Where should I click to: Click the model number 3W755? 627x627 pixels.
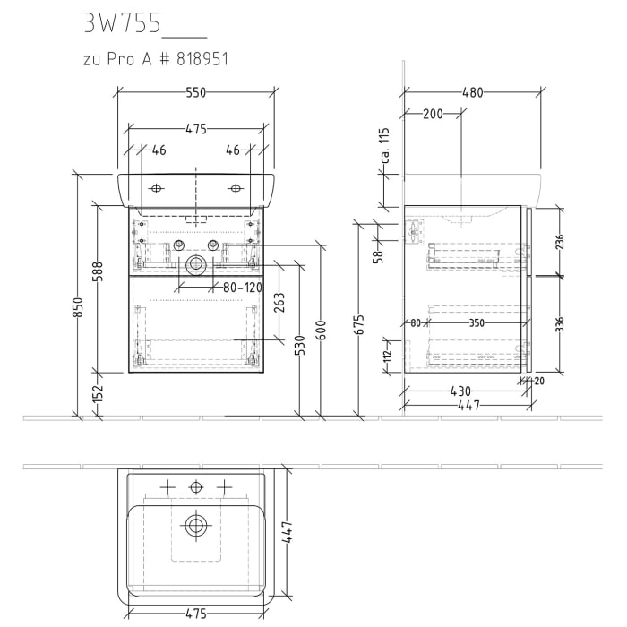pos(120,24)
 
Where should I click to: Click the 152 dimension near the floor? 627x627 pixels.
pos(99,393)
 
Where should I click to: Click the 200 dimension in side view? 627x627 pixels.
pos(433,115)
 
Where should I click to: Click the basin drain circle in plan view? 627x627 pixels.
pos(195,527)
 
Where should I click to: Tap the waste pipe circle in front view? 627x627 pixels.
pos(195,265)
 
